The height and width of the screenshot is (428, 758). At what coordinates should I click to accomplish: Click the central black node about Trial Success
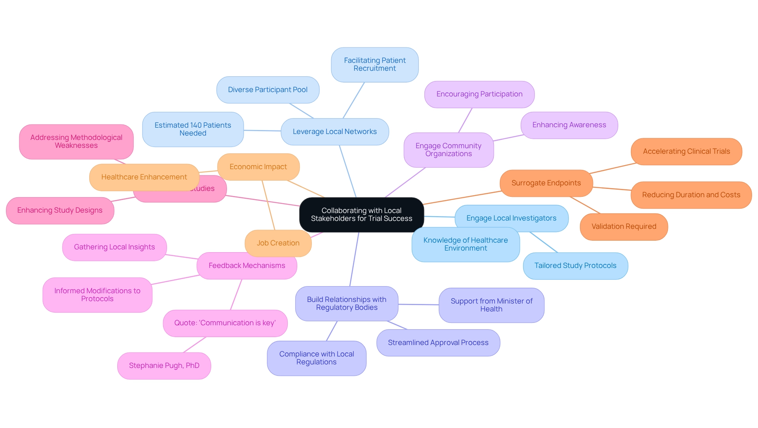point(361,215)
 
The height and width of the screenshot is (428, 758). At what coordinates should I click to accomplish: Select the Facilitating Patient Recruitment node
point(375,64)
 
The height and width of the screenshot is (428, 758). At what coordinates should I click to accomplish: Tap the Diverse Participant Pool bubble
point(268,90)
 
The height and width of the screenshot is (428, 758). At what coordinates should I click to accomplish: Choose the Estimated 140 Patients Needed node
point(193,129)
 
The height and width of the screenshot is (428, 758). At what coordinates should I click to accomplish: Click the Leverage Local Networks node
point(334,132)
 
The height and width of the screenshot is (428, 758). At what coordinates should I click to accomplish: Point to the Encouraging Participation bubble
point(479,94)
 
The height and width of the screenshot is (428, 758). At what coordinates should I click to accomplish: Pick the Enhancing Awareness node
point(569,125)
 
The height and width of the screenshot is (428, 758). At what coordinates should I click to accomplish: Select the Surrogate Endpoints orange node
point(546,183)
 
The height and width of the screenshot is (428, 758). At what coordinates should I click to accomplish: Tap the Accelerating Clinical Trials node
point(686,151)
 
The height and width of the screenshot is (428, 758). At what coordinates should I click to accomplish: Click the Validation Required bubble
point(624,226)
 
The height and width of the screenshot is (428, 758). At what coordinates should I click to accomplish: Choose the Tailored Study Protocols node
point(575,266)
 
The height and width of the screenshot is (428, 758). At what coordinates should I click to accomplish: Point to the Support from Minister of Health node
point(491,305)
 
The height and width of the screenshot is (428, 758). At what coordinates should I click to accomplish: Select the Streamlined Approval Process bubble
point(438,343)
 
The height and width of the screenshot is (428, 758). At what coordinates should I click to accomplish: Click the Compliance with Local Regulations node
point(316,358)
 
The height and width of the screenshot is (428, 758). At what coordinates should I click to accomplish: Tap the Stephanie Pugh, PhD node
point(164,366)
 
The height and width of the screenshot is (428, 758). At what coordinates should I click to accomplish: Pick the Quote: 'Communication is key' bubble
point(225,323)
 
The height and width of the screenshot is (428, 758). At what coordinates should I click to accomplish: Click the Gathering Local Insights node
point(114,247)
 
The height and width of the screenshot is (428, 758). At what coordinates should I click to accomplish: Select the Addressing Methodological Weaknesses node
point(76,141)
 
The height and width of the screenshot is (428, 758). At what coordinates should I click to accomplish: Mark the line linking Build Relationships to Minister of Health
point(418,304)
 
